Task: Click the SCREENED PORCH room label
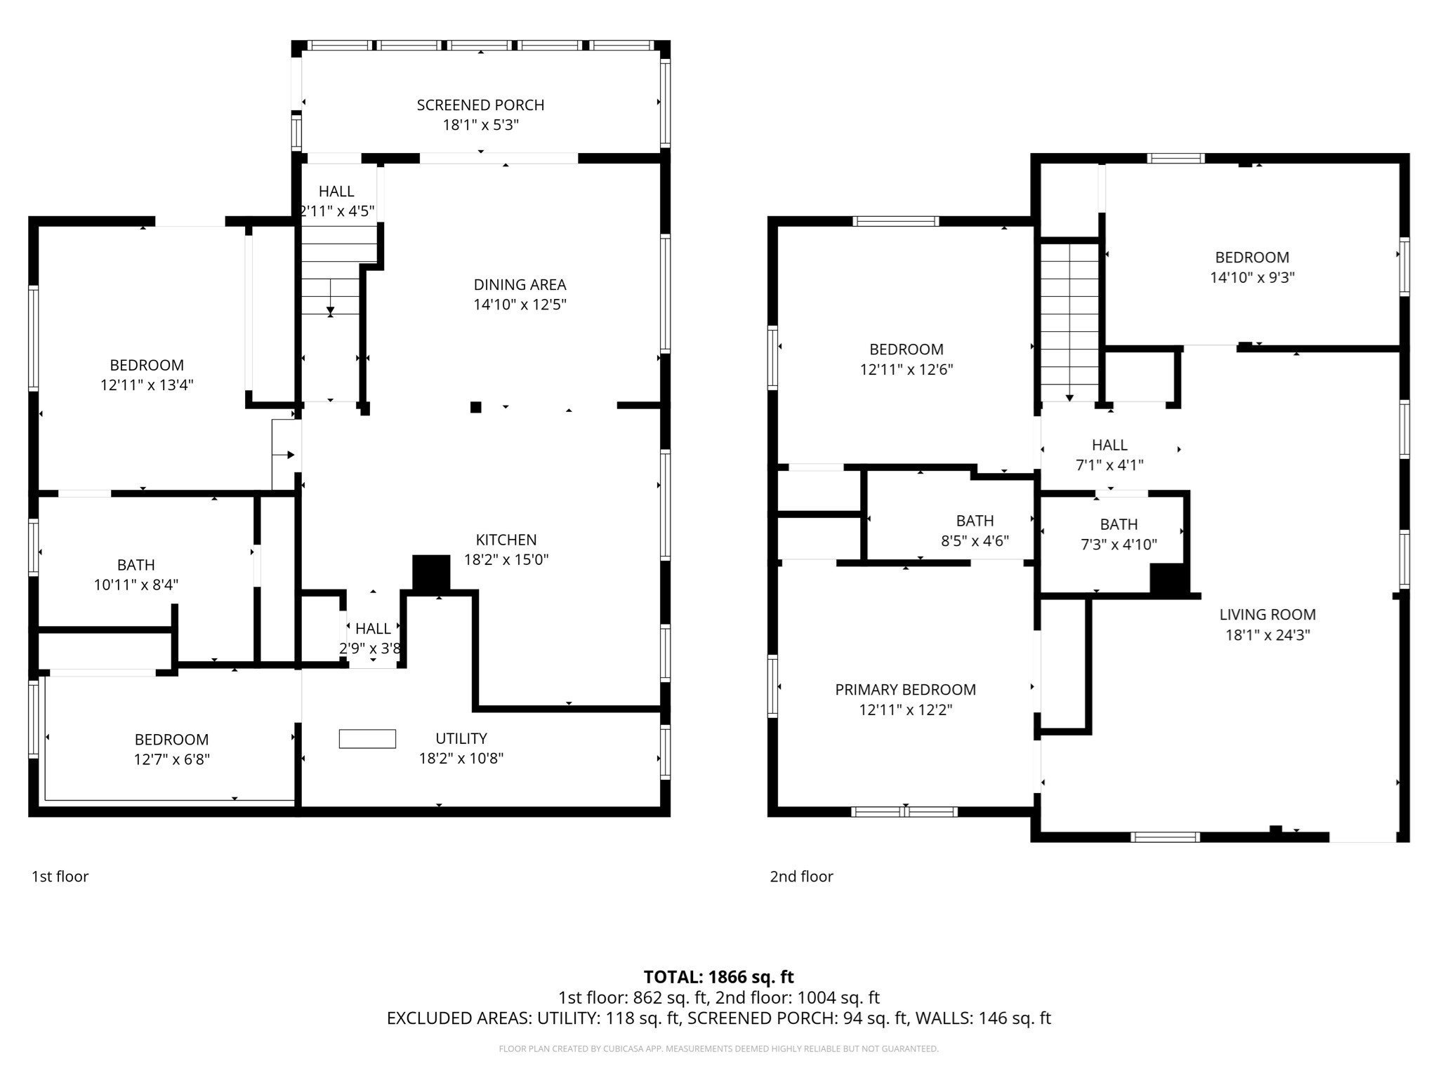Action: point(480,105)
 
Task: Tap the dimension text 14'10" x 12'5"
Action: point(520,305)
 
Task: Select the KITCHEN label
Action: point(506,540)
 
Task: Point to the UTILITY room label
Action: point(461,738)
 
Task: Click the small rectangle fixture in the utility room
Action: point(367,739)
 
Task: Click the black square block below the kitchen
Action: point(431,573)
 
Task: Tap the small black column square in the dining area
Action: point(475,407)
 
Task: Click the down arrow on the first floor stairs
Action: point(330,310)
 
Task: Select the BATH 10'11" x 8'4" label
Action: point(136,565)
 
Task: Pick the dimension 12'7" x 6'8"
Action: point(172,759)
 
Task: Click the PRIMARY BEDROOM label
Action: point(905,690)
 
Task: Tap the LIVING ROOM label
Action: point(1267,615)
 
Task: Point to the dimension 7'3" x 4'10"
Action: point(1119,545)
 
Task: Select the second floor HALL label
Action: point(1109,445)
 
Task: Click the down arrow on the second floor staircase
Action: point(1069,397)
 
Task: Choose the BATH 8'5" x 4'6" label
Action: point(975,521)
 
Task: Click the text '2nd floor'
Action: point(801,877)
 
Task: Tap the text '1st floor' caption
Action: point(60,877)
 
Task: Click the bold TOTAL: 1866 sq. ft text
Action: point(718,977)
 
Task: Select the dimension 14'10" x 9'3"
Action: point(1252,277)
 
